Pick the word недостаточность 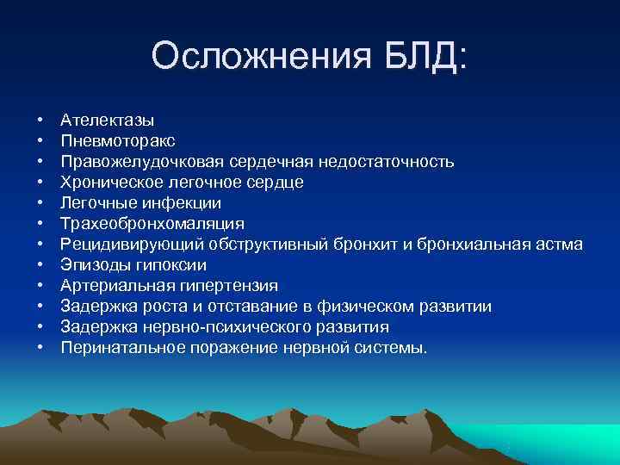click(x=387, y=162)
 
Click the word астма click(x=559, y=245)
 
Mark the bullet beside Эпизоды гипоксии click(x=40, y=265)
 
